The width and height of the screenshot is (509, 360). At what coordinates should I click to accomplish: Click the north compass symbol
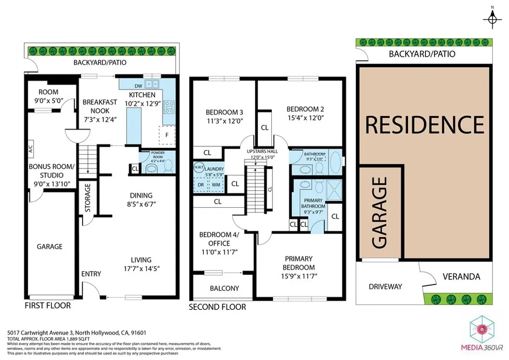pos(492,18)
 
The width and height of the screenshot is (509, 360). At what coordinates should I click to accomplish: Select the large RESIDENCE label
pos(424,124)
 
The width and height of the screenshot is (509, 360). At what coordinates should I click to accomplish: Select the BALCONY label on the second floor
pos(224,288)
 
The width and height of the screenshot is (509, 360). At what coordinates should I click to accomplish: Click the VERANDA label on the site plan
pos(462,276)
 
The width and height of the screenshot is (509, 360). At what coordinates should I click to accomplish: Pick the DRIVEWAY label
pos(385,286)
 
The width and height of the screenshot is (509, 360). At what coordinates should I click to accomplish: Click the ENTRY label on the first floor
pos(91,273)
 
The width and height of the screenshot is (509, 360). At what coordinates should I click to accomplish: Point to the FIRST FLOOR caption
pos(48,305)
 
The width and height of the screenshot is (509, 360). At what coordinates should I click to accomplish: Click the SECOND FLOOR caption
pos(217,307)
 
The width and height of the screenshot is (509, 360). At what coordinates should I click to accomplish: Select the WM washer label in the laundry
pos(216,184)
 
